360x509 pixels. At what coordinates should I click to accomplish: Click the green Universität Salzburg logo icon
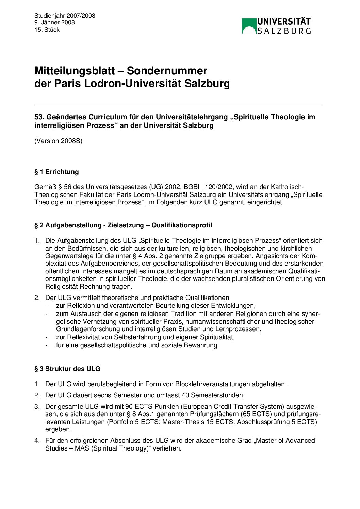pos(249,26)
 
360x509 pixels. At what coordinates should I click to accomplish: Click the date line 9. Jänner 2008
pos(54,23)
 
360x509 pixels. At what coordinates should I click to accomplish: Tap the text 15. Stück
pos(47,30)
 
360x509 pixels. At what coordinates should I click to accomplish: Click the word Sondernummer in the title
pos(167,71)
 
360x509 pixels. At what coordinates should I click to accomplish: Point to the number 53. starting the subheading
pos(39,117)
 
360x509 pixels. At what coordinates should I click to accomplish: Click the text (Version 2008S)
pos(58,141)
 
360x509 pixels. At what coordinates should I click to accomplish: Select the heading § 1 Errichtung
pos(56,172)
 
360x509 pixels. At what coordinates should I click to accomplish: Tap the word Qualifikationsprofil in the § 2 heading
pos(182,225)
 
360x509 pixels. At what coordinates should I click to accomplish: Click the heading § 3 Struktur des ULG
pos(67,369)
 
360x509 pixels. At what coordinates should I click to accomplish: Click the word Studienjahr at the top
pos(50,16)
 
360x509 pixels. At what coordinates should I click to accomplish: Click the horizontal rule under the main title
pos(178,104)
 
